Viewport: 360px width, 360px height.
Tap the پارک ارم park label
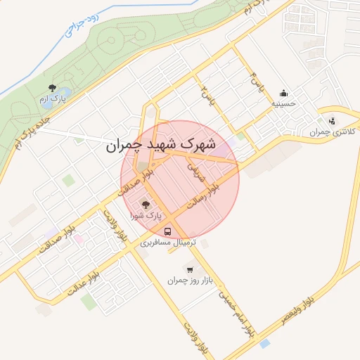coord(51,100)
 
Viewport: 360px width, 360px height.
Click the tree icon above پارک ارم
coord(51,88)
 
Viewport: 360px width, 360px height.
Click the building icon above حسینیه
coord(283,92)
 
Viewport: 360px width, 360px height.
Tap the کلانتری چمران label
coord(333,131)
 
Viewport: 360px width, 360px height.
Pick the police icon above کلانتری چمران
coord(332,120)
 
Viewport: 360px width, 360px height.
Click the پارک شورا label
coord(145,216)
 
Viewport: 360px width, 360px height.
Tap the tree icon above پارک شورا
coord(146,205)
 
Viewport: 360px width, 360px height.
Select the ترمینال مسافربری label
coord(166,242)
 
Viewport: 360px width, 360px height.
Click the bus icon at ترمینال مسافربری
coord(167,231)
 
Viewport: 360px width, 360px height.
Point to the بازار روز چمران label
coord(189,280)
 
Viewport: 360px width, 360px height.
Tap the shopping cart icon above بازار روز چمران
coord(189,269)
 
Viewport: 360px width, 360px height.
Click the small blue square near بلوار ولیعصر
coord(264,344)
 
